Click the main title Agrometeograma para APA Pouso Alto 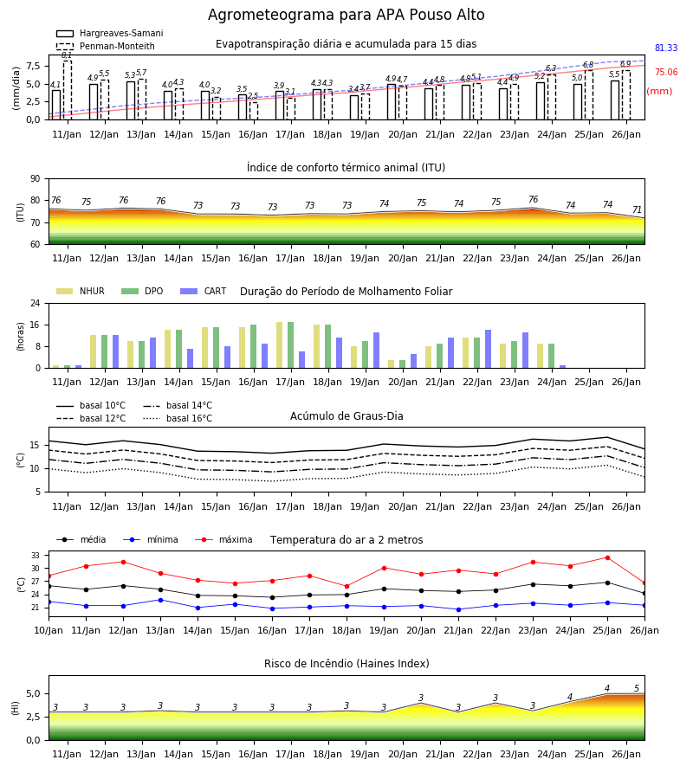(x=346, y=15)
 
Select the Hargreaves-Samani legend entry (x=109, y=33)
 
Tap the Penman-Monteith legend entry (x=106, y=46)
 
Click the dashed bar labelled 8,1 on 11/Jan (x=67, y=90)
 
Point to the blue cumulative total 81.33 (x=666, y=48)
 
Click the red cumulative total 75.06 (x=666, y=72)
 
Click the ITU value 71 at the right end (x=637, y=209)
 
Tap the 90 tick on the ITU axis (x=36, y=179)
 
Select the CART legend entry (x=204, y=291)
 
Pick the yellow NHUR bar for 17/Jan (x=280, y=344)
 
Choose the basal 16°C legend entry (x=178, y=418)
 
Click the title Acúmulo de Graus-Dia (x=346, y=415)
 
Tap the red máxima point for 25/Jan (x=607, y=558)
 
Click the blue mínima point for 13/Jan (x=160, y=600)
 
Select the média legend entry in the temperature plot (x=81, y=539)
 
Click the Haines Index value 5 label (x=637, y=688)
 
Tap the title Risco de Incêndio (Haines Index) (x=346, y=663)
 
